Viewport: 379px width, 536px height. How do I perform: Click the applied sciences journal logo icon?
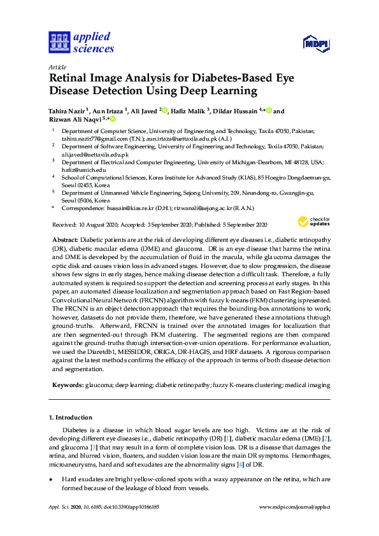[x=59, y=43]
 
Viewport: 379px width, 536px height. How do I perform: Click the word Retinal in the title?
[x=70, y=76]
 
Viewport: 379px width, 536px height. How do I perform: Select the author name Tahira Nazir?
[x=70, y=111]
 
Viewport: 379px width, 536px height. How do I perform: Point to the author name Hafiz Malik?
[x=188, y=111]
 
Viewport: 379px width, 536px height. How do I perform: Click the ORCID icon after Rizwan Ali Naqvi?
[x=113, y=119]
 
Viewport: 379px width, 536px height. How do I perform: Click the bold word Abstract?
[x=65, y=239]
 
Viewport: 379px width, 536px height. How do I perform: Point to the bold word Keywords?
[x=67, y=385]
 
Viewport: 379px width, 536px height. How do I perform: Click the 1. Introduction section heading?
[x=70, y=418]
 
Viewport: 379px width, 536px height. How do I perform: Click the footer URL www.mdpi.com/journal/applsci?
[x=294, y=507]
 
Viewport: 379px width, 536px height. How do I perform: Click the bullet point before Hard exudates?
[x=51, y=478]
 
